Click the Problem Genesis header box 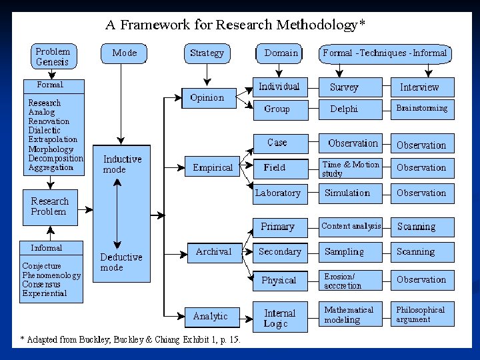point(53,57)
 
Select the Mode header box point(125,53)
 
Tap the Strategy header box point(207,53)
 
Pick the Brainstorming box point(421,108)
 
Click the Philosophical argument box point(421,315)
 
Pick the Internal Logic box point(280,318)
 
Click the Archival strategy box point(213,252)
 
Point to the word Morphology point(51,149)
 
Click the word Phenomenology point(51,275)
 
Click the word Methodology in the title point(315,25)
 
